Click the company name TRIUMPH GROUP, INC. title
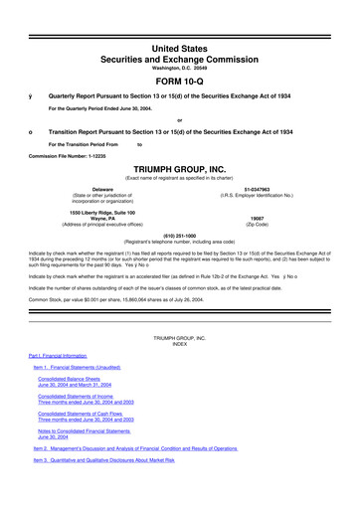(179, 168)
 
